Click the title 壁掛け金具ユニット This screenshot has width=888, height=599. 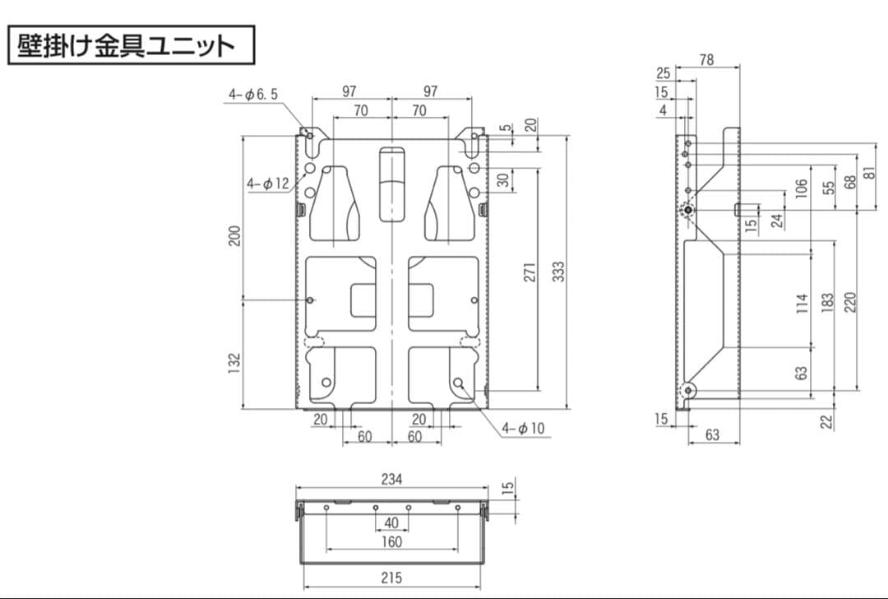[131, 44]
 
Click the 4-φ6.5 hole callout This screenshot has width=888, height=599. [253, 95]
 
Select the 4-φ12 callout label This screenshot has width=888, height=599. [268, 183]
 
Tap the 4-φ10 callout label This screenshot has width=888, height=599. [524, 428]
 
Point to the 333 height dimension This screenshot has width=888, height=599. [558, 272]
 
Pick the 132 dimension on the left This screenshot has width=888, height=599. [234, 360]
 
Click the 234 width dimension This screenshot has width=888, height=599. [391, 479]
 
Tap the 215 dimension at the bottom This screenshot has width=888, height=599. [391, 578]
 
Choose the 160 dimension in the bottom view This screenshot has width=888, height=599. [391, 541]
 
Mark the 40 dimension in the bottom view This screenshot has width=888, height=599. [391, 522]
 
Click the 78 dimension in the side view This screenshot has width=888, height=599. [706, 59]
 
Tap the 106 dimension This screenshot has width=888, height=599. [802, 188]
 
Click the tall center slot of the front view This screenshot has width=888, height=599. [392, 183]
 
